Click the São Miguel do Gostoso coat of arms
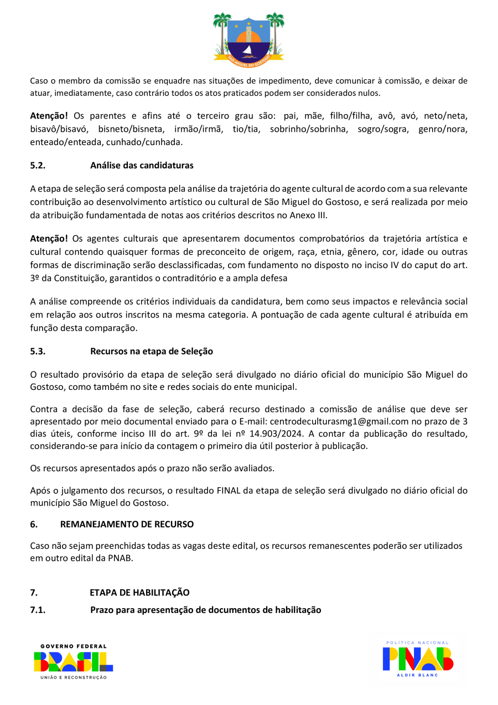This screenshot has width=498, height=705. pyautogui.click(x=248, y=36)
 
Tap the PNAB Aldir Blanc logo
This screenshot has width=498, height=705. pyautogui.click(x=418, y=660)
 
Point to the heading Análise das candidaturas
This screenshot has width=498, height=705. pyautogui.click(x=142, y=165)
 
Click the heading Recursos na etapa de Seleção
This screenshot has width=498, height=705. pyautogui.click(x=152, y=351)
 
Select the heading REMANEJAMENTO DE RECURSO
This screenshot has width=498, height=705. pyautogui.click(x=127, y=524)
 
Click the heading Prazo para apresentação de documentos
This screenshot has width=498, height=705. pyautogui.click(x=206, y=610)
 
